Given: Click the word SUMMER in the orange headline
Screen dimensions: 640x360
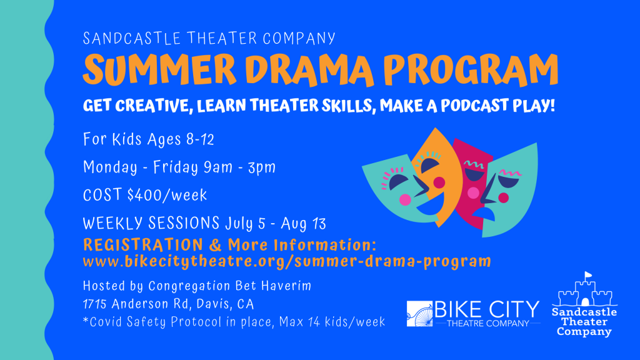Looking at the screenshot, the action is (159, 69).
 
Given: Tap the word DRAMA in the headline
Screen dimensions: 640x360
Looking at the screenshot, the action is (309, 70).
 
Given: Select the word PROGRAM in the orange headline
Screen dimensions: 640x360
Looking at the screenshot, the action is (471, 70).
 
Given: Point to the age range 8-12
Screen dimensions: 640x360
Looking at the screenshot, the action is (200, 139).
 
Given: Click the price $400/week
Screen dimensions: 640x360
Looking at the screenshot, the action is (167, 195).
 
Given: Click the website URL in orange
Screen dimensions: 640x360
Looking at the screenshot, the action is (287, 261).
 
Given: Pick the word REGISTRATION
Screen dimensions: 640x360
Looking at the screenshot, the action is (143, 245).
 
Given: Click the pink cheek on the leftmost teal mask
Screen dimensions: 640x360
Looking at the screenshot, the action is (405, 199).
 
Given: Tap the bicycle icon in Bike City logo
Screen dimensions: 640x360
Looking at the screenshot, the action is (419, 314).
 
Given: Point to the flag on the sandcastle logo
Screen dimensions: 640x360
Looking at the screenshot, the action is (588, 275).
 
